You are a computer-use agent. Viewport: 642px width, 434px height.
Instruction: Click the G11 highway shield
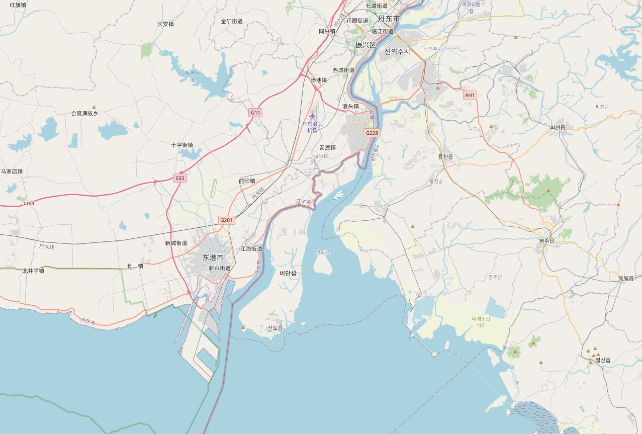(255, 113)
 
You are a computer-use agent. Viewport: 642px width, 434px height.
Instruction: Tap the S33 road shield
(180, 178)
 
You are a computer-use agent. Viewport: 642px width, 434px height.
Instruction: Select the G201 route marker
(226, 220)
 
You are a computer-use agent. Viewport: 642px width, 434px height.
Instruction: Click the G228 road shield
(372, 133)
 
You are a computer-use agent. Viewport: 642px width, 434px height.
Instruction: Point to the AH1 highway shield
(470, 95)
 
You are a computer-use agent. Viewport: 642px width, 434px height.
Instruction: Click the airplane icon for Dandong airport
(313, 116)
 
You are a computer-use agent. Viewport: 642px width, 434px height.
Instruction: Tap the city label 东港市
(213, 257)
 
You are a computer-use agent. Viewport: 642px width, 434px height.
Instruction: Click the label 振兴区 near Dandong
(365, 45)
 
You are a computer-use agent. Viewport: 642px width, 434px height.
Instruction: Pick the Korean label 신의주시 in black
(397, 51)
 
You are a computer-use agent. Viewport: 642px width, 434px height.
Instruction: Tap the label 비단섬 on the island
(288, 274)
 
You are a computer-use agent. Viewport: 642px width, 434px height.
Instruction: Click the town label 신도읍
(275, 328)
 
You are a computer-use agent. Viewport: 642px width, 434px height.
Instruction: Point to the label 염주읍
(546, 241)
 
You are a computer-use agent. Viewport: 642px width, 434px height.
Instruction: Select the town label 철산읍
(603, 360)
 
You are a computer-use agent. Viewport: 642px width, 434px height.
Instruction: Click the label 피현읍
(558, 128)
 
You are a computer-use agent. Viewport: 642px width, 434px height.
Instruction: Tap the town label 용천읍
(445, 157)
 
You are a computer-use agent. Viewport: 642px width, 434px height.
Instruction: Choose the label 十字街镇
(182, 145)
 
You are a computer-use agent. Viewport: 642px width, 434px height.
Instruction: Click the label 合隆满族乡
(84, 114)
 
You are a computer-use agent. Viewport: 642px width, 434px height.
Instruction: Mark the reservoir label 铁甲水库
(193, 76)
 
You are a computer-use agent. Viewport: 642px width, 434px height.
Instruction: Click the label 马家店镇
(12, 171)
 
